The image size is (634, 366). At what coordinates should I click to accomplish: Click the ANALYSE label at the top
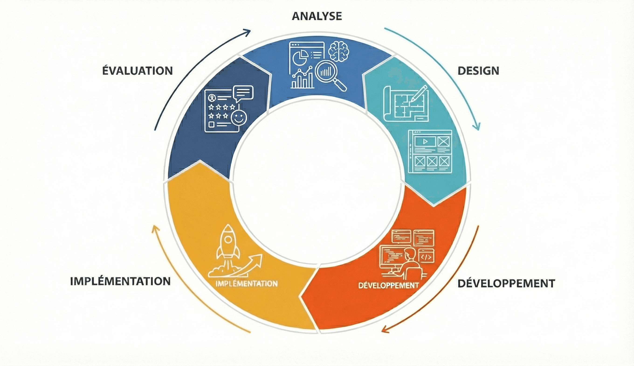(x=317, y=16)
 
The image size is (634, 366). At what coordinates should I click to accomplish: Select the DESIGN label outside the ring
(x=478, y=71)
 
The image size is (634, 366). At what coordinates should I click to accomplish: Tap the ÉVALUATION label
(x=138, y=71)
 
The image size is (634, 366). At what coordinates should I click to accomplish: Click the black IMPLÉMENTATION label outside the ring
(x=121, y=281)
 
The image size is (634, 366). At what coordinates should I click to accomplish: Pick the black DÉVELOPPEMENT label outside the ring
(x=506, y=284)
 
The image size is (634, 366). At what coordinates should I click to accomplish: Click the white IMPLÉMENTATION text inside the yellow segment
(x=246, y=284)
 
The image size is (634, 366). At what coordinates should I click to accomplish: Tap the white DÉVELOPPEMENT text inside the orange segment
(x=389, y=285)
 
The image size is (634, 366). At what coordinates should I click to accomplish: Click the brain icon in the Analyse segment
(x=339, y=51)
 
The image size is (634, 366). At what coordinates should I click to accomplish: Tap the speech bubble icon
(x=243, y=93)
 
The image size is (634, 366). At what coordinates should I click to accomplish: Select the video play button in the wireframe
(x=425, y=141)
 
